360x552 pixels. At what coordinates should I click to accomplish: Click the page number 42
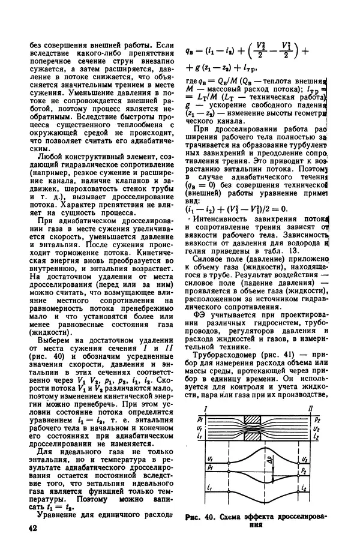click(31, 529)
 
